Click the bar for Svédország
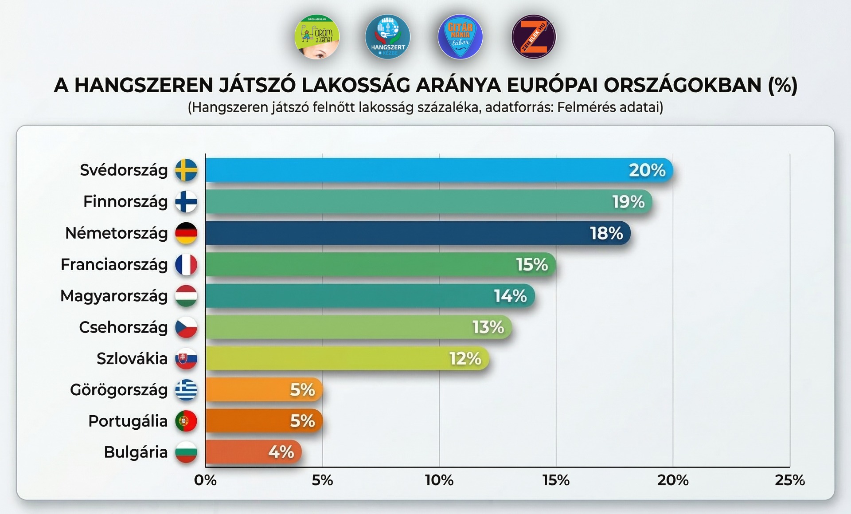click(x=439, y=170)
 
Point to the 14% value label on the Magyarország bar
click(x=510, y=296)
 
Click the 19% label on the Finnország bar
click(x=628, y=202)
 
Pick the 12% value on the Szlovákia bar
click(x=465, y=358)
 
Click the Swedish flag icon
click(x=186, y=170)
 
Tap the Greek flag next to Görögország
click(x=186, y=390)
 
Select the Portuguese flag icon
click(x=186, y=421)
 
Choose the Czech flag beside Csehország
click(x=186, y=327)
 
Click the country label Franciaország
click(x=114, y=264)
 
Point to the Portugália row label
click(x=128, y=421)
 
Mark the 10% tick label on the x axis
click(x=439, y=480)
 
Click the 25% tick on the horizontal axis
click(x=789, y=480)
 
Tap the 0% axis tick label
click(x=205, y=480)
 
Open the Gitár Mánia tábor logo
click(x=460, y=37)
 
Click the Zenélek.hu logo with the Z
click(x=533, y=37)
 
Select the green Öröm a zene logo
click(x=317, y=37)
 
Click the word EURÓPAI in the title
click(x=552, y=85)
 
